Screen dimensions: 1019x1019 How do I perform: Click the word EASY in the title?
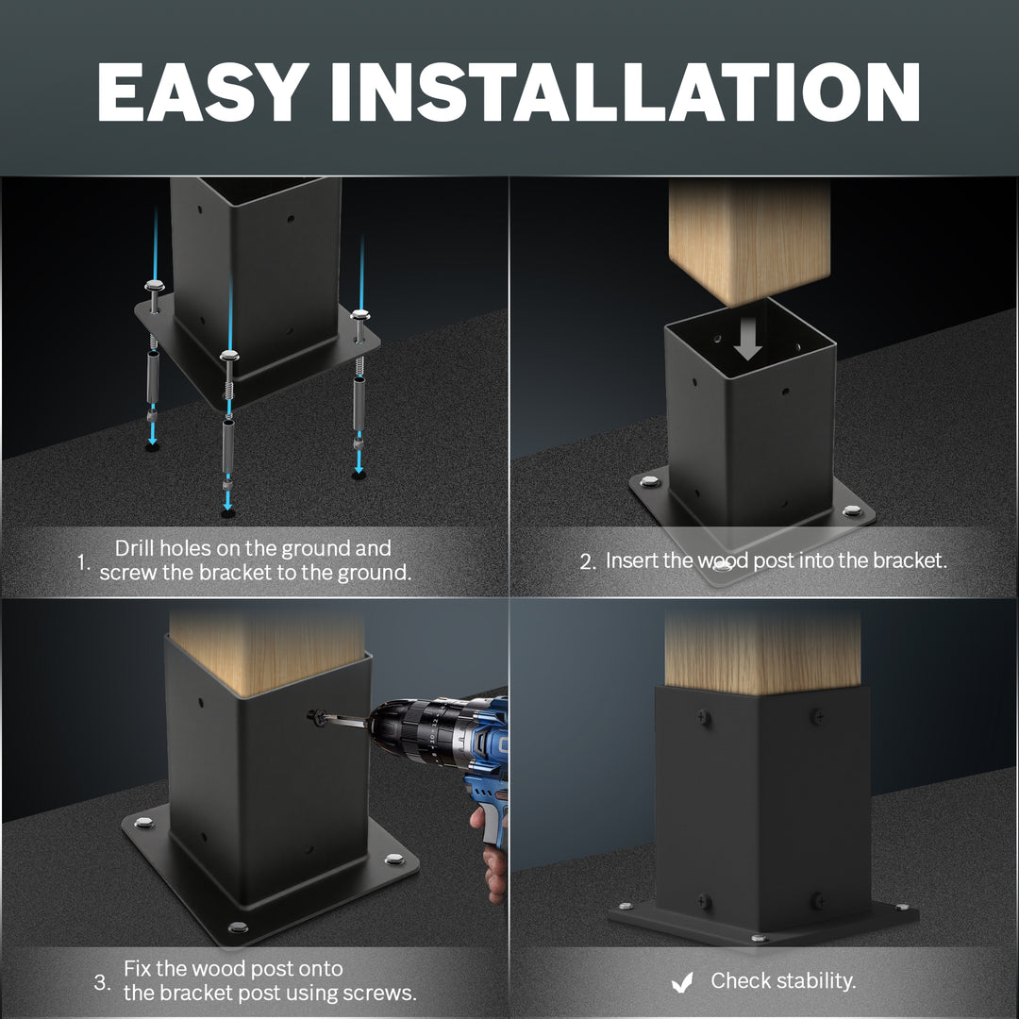click(x=203, y=92)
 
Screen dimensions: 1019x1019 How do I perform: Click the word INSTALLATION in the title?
click(x=625, y=92)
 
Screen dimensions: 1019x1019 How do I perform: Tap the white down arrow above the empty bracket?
click(x=748, y=338)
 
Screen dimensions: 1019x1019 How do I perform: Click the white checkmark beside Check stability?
click(x=682, y=982)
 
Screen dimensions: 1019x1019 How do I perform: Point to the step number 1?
click(x=82, y=561)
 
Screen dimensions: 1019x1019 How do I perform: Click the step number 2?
click(x=588, y=561)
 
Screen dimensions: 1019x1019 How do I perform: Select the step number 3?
click(x=101, y=981)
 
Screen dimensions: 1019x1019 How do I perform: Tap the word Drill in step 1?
click(x=135, y=548)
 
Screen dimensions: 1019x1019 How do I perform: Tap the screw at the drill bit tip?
click(x=317, y=716)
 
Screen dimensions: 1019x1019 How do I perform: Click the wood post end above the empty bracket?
click(x=749, y=242)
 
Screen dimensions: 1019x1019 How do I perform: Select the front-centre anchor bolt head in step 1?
click(x=228, y=356)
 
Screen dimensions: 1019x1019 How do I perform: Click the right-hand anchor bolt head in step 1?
click(x=360, y=315)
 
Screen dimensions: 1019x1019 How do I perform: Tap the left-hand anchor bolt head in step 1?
click(x=155, y=285)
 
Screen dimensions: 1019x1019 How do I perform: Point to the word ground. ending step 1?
click(x=375, y=574)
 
